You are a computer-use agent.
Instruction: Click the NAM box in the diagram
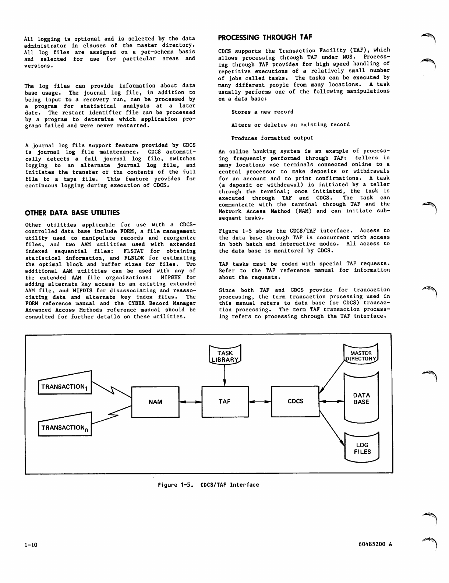155,402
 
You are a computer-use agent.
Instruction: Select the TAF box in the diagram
224,402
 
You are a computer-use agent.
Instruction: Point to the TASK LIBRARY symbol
225,354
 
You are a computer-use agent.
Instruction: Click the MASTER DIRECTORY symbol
361,354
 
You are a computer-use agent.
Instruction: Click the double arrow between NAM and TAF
190,402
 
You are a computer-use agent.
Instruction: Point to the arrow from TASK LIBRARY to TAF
224,375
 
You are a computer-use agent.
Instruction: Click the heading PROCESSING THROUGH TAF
265,37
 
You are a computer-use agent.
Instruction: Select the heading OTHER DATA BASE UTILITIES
72,213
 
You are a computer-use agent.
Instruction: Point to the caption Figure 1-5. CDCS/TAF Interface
208,485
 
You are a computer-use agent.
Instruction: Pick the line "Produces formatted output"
272,138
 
